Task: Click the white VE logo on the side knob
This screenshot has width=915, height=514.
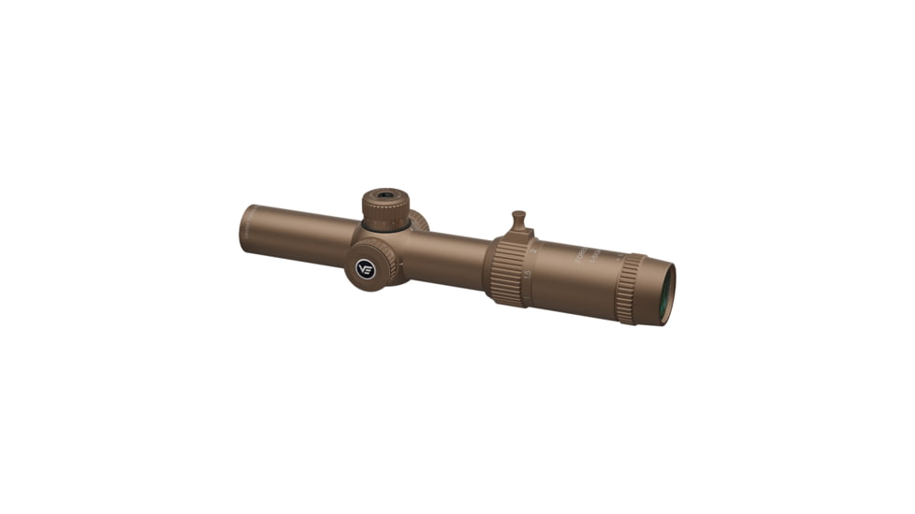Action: pyautogui.click(x=366, y=269)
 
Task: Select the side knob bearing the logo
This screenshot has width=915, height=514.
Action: pyautogui.click(x=370, y=264)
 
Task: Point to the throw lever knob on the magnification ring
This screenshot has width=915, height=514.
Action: pyautogui.click(x=518, y=221)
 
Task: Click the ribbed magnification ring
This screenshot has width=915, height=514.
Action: pyautogui.click(x=505, y=270)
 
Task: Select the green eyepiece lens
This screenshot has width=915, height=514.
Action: pyautogui.click(x=668, y=293)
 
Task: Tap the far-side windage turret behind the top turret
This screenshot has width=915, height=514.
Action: pyautogui.click(x=418, y=221)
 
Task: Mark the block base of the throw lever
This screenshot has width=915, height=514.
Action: pyautogui.click(x=519, y=235)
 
